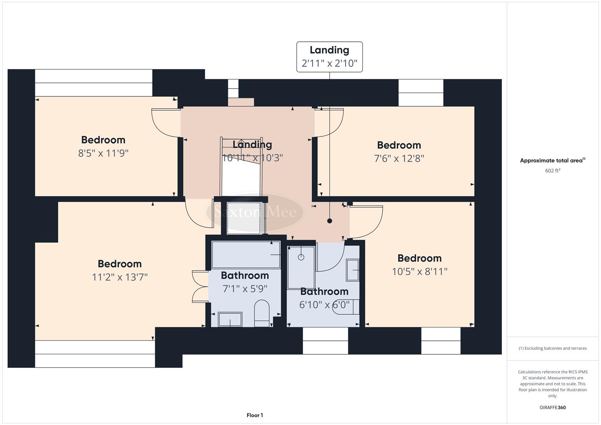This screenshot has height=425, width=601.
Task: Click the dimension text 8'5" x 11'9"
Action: coord(104,153)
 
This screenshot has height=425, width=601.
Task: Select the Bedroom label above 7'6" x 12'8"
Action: coord(399,145)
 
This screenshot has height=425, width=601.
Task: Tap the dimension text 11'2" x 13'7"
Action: coord(120,277)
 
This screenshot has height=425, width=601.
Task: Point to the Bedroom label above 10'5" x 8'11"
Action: coord(419,258)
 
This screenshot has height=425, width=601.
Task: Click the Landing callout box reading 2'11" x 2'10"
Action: coord(329,57)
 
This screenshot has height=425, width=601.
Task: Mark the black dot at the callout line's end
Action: coord(330,221)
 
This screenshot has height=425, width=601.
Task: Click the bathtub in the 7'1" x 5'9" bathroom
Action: coord(246,255)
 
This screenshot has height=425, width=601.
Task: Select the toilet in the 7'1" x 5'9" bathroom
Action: coord(262,314)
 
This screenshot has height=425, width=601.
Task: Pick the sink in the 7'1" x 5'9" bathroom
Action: coord(230,320)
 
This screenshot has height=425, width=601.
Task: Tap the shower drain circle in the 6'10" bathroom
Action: coord(301,257)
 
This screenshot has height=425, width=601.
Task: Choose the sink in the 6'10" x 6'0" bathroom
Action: coord(353,270)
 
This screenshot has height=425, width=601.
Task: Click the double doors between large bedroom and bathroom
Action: coord(200,286)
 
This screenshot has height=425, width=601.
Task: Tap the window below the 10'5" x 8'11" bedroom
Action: coord(440,340)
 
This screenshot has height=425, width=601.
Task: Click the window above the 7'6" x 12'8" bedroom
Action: coord(421,93)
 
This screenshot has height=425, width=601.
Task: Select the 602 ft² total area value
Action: coord(552,171)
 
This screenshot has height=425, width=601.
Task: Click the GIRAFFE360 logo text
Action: coord(552,407)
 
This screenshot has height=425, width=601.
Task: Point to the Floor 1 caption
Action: coord(255,415)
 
